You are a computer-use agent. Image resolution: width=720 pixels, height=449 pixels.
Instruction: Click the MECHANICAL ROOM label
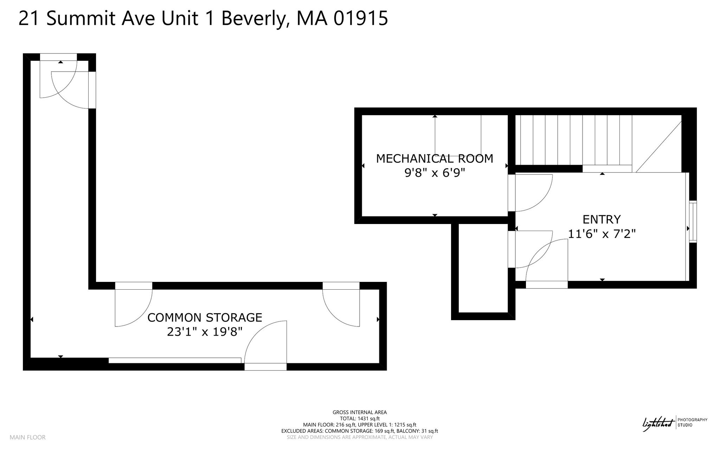[435, 159]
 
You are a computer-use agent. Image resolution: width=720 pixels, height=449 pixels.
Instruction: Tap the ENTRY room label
[602, 219]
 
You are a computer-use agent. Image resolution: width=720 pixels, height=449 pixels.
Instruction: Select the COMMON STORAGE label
[205, 318]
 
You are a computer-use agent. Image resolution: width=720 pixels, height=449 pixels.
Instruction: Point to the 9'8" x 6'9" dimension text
[435, 173]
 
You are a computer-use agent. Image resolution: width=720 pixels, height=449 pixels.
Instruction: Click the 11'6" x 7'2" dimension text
[602, 233]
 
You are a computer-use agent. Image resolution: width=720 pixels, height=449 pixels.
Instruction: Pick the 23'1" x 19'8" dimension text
[205, 332]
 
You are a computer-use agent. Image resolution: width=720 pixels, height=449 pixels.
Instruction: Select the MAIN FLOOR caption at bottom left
[27, 437]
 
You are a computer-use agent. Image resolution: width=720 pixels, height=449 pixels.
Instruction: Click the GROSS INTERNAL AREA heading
[360, 412]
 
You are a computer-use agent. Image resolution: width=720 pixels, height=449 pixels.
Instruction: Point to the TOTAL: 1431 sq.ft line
[360, 418]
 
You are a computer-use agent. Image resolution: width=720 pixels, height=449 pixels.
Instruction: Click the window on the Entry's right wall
[693, 222]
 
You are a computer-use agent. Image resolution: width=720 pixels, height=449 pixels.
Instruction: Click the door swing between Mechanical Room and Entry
[531, 193]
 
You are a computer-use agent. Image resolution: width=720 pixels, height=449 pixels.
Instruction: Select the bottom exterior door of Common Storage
[265, 346]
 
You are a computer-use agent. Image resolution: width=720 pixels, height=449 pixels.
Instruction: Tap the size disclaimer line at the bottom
[360, 437]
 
